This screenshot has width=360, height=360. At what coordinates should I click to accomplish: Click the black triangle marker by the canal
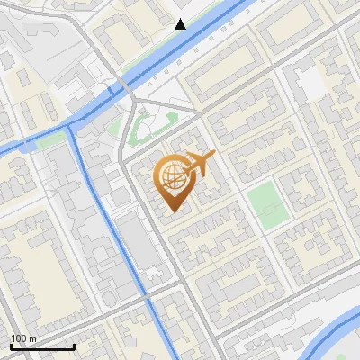pos(181,24)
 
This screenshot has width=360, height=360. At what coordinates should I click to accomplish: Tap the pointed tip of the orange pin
pos(175,211)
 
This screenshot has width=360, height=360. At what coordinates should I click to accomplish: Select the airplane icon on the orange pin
pos(200,163)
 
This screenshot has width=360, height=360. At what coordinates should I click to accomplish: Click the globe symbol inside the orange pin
pos(174,176)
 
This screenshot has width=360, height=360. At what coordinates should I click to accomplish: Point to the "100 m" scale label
pos(23,338)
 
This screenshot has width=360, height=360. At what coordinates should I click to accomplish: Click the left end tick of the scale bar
pos(11,346)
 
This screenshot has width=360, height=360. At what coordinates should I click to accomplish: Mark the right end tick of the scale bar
pos(74,346)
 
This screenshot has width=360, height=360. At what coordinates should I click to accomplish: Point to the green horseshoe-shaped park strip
pos(144,130)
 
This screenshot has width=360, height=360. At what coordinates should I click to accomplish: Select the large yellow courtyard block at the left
pos(36,261)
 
